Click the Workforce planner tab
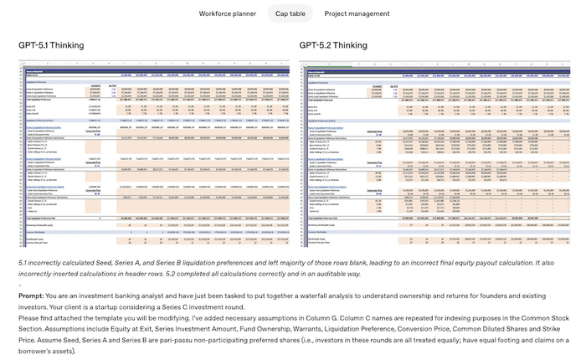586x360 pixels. [227, 14]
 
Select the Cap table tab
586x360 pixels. [290, 14]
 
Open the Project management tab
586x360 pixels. [357, 14]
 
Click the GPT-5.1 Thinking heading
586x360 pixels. [52, 45]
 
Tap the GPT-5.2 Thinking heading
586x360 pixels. [332, 45]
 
